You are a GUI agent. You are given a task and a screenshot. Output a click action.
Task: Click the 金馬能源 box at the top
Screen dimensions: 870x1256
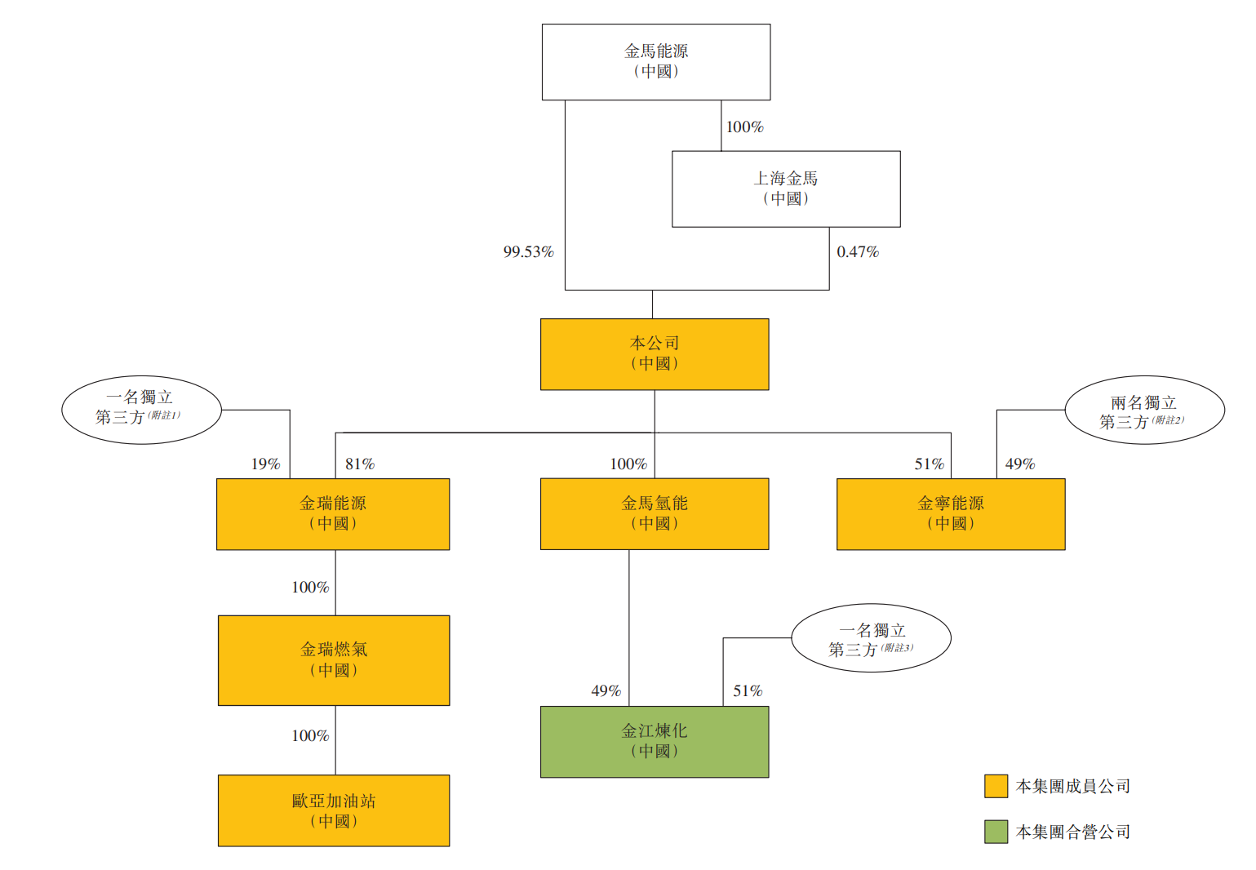(x=655, y=62)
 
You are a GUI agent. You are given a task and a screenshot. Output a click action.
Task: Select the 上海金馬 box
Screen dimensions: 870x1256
(x=785, y=189)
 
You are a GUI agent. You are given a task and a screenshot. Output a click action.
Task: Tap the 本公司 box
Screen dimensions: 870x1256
(x=654, y=354)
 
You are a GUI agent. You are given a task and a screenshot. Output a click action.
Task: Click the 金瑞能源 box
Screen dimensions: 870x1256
(x=332, y=514)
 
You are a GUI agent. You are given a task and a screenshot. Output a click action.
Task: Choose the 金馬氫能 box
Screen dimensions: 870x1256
(x=654, y=514)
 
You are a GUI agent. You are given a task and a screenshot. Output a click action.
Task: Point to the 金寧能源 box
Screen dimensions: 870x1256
(x=950, y=514)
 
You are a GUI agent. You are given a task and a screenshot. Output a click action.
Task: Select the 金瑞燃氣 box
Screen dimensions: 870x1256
(x=333, y=660)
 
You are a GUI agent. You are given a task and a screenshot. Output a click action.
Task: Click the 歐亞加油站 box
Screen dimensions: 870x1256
(x=333, y=810)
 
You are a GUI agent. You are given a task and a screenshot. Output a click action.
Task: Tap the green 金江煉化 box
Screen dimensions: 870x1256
(x=654, y=742)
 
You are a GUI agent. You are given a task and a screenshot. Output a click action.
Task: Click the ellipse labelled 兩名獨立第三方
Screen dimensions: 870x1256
(x=1143, y=411)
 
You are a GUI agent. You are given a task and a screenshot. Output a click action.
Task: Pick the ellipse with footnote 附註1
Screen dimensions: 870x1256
(x=141, y=410)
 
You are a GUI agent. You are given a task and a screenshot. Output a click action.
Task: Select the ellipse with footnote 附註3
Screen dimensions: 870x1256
(x=871, y=638)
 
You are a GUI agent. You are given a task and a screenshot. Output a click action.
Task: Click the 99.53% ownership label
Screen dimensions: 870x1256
(x=528, y=252)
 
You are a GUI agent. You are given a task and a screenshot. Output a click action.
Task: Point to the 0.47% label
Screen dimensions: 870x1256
(x=858, y=252)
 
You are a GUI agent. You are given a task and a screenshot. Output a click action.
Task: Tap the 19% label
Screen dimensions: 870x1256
(x=265, y=464)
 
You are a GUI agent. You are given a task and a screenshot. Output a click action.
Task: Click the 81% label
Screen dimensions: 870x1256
(x=359, y=464)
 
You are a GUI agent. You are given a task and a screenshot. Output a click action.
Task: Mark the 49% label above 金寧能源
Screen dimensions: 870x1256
(x=1019, y=464)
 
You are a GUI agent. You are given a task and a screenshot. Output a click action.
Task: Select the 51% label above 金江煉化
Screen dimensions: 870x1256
(x=748, y=691)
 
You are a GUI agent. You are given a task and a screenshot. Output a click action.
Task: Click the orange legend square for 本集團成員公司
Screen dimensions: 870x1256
(x=996, y=786)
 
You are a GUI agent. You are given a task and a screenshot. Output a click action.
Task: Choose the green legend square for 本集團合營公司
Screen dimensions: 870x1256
(x=996, y=832)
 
